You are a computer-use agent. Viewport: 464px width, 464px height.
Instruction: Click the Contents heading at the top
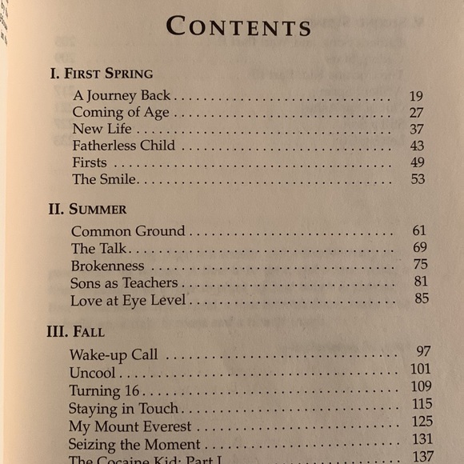[x=238, y=27]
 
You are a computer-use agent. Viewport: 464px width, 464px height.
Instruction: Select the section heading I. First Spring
[x=101, y=74]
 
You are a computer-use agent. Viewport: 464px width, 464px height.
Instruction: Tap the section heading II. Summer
[x=87, y=210]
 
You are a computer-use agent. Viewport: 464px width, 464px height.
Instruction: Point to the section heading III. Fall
[x=75, y=330]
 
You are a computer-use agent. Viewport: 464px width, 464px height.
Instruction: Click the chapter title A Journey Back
[x=122, y=95]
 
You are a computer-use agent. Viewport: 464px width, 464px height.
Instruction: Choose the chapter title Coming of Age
[x=121, y=112]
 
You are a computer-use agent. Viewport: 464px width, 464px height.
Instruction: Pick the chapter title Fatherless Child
[x=123, y=146]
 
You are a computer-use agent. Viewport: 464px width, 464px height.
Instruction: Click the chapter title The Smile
[x=104, y=179]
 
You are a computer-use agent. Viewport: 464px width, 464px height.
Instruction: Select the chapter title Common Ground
[x=127, y=231]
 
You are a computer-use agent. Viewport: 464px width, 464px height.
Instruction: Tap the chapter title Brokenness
[x=107, y=266]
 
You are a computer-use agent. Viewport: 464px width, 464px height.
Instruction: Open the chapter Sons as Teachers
[x=123, y=283]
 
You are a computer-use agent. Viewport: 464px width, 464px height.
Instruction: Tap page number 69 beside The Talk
[x=419, y=248]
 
